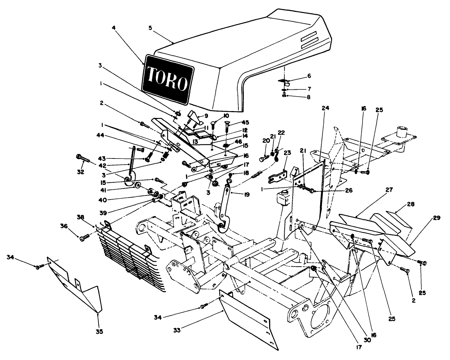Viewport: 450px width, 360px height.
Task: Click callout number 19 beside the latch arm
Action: [247, 194]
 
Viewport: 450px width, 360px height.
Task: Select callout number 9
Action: [206, 117]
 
